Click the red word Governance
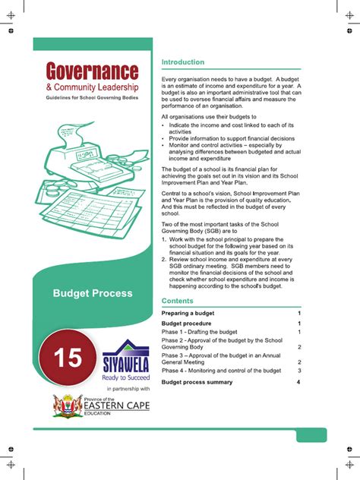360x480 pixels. (92, 73)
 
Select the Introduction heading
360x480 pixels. (183, 62)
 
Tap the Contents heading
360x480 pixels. (178, 302)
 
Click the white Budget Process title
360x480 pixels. (92, 293)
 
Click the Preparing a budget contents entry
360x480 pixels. (188, 313)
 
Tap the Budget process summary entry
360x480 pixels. (200, 381)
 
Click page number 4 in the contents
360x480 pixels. (299, 381)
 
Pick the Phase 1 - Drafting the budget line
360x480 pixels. (199, 333)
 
